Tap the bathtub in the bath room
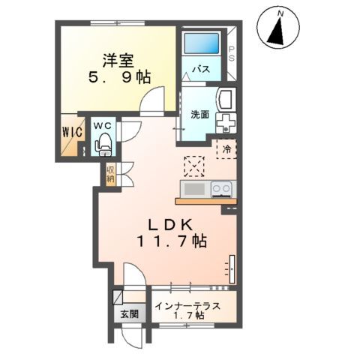point(201,43)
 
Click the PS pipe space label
point(232,54)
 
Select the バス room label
point(201,69)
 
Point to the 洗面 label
point(199,114)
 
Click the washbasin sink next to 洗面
point(226,99)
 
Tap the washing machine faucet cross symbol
point(226,123)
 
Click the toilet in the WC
point(103,145)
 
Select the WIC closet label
point(72,132)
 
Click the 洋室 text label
point(118,61)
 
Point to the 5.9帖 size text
point(119,77)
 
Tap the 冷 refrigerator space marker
point(227,149)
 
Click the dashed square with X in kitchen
point(194,166)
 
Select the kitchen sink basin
point(194,188)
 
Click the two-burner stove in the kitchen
point(221,189)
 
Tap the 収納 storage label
point(111,175)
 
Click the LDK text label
point(171,225)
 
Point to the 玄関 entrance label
point(130,313)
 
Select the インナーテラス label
point(187,306)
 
